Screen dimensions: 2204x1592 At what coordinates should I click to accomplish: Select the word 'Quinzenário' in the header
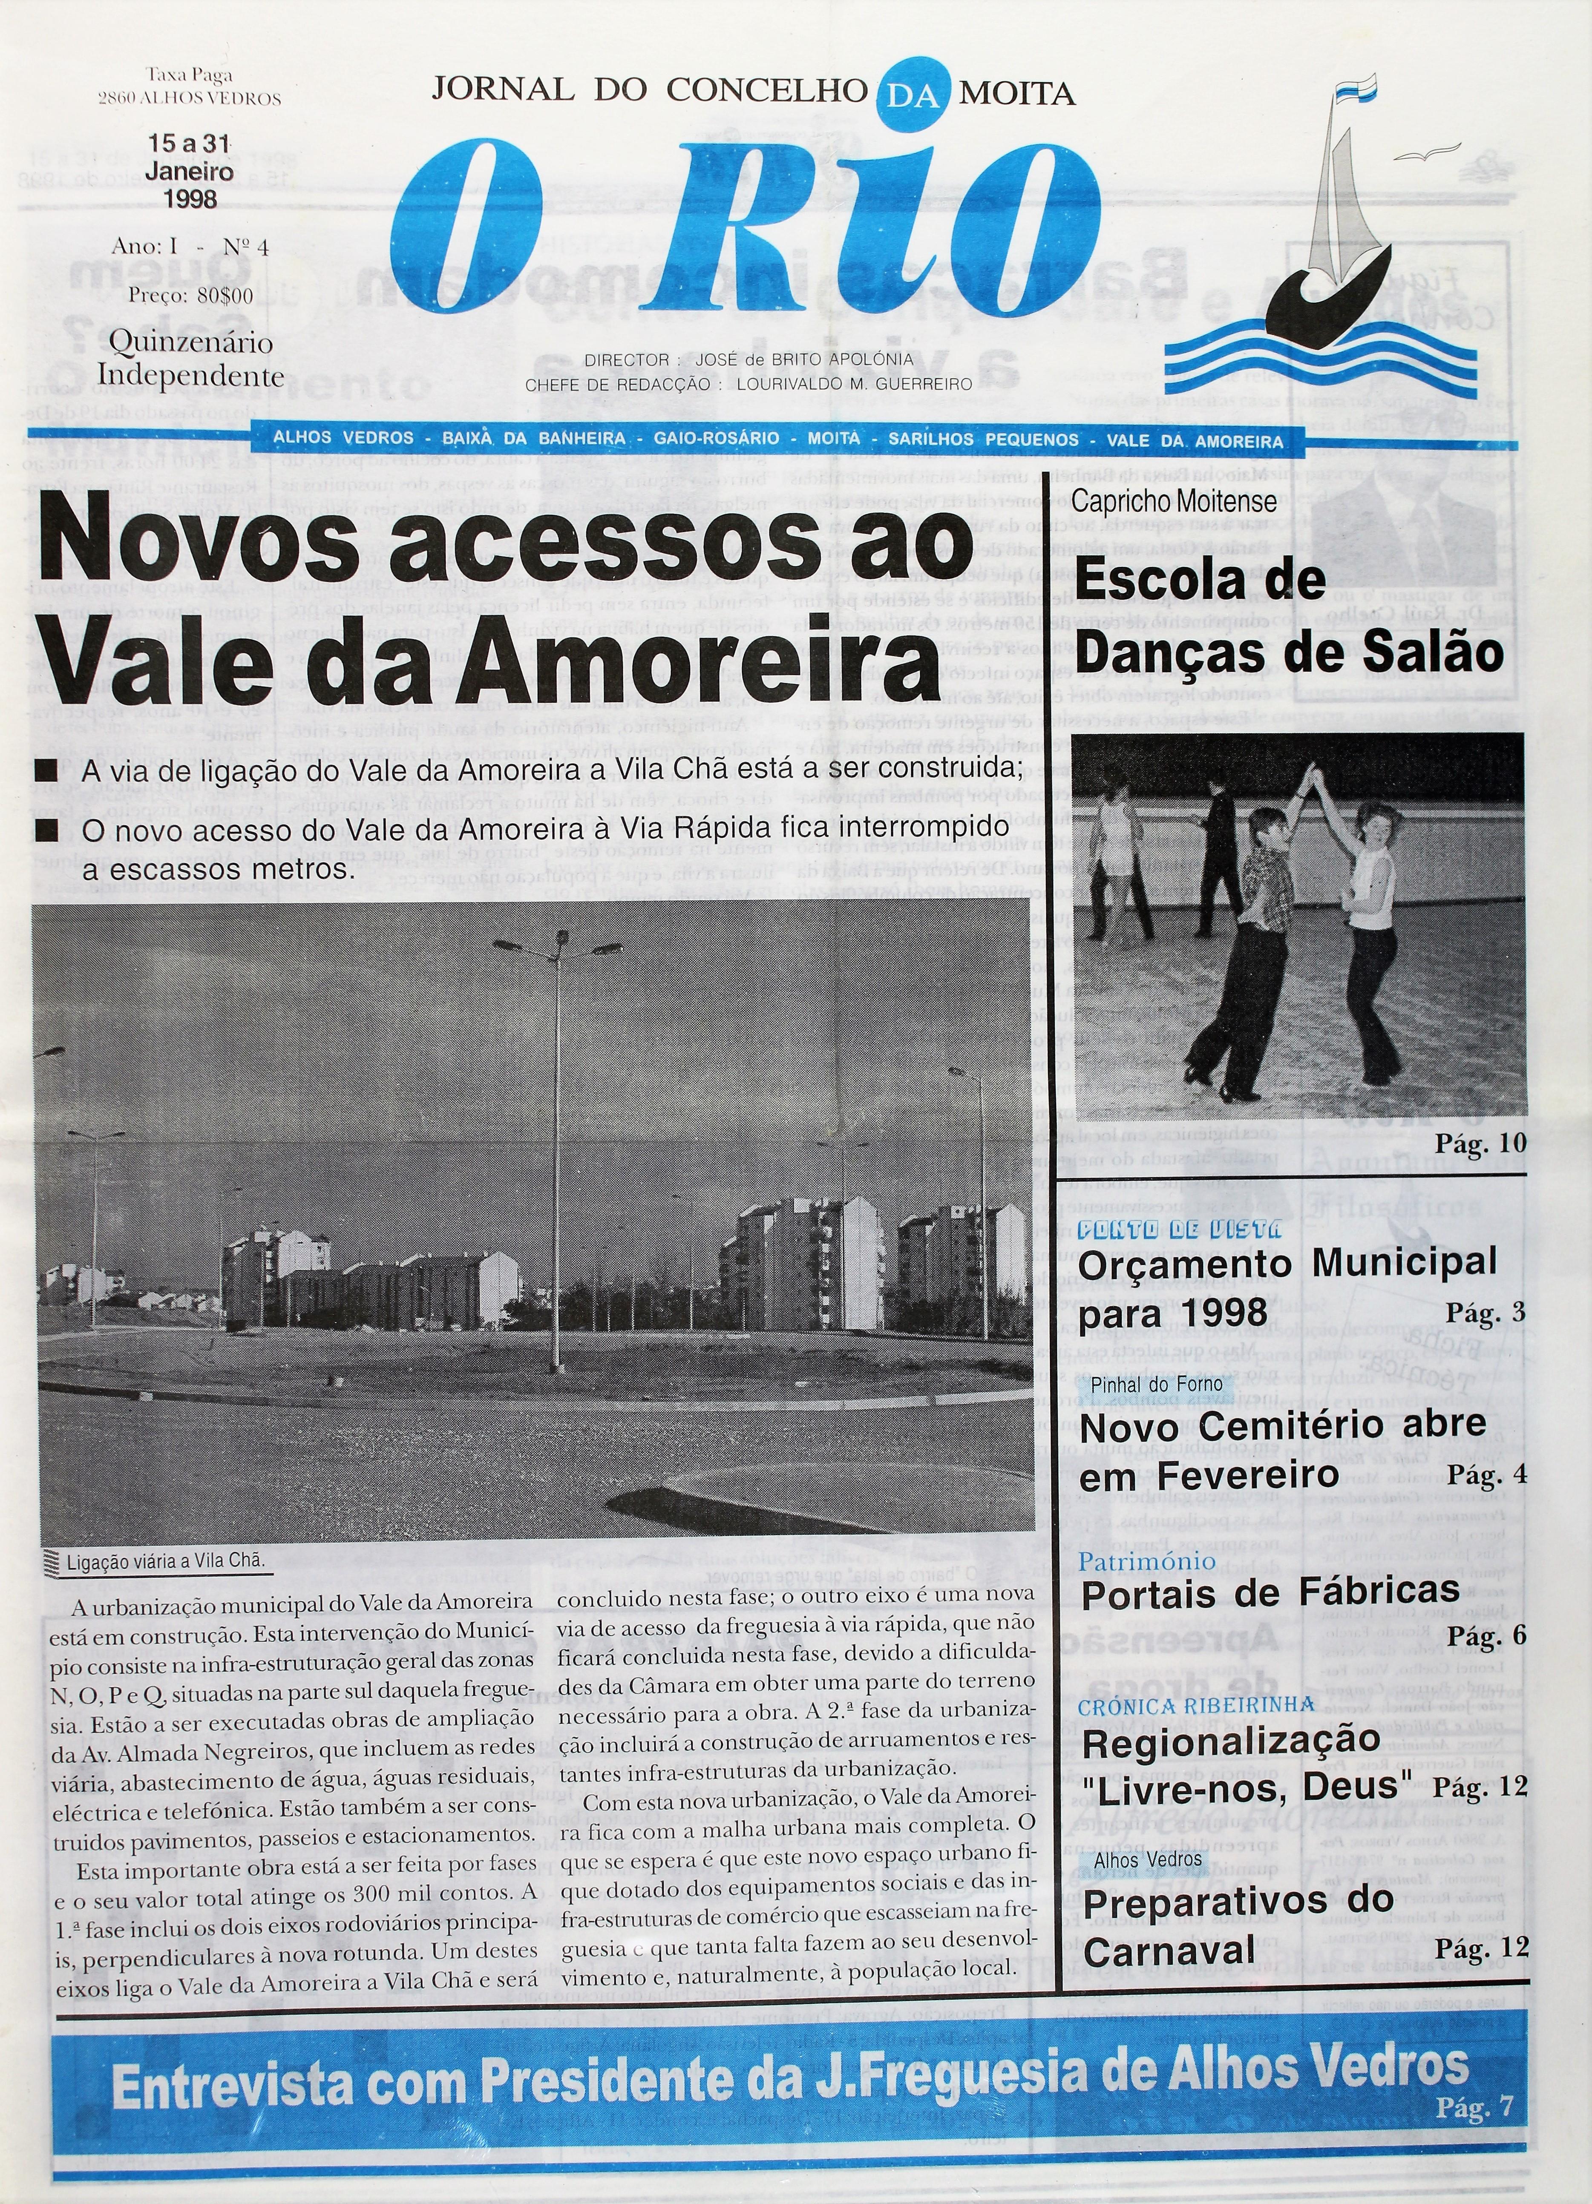click(x=190, y=343)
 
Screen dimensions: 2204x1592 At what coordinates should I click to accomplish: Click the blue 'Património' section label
click(x=1148, y=1560)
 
